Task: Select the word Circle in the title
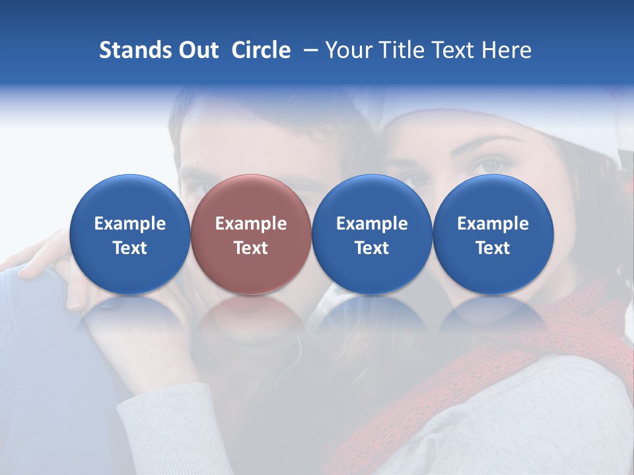(261, 50)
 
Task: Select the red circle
(251, 234)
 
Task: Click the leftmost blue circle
(129, 234)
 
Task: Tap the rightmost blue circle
(493, 234)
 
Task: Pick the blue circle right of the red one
(372, 234)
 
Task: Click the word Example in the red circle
(251, 224)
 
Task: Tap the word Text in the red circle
(251, 248)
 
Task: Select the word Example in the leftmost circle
(129, 224)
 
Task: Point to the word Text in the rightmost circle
(493, 248)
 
